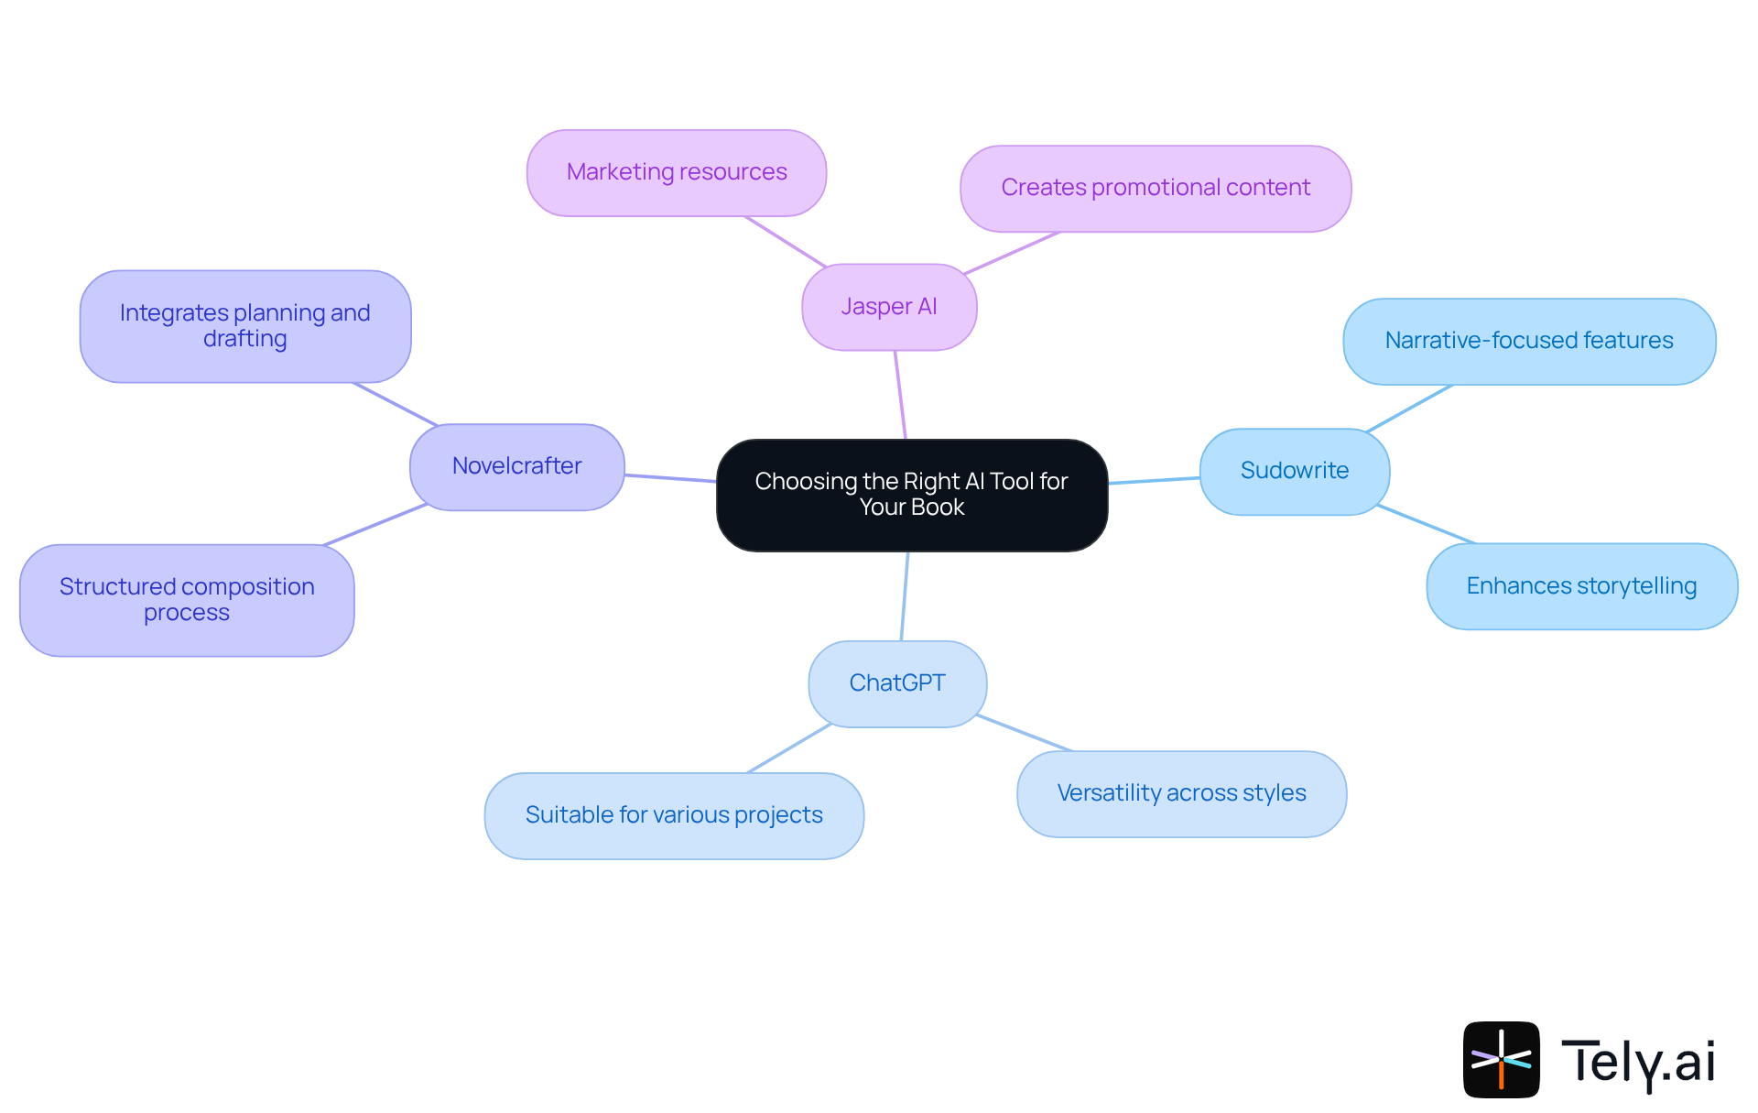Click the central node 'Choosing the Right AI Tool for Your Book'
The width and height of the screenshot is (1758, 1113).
[x=912, y=495]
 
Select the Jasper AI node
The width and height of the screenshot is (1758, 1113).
[x=889, y=307]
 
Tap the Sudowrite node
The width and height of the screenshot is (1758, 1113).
[x=1294, y=471]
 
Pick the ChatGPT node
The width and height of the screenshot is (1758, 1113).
[x=897, y=683]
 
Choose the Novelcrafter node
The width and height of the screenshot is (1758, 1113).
[x=516, y=466]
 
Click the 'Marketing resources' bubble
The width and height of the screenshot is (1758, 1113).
[x=677, y=172]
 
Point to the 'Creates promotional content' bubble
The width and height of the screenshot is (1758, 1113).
[x=1156, y=188]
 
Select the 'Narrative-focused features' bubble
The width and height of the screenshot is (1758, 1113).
[x=1529, y=341]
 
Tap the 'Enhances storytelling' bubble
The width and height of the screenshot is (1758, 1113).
[x=1581, y=586]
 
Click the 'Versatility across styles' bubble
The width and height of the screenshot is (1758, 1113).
[x=1181, y=793]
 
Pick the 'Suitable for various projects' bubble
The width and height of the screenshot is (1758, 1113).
[x=674, y=815]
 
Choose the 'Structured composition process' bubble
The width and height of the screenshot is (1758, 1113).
[x=187, y=600]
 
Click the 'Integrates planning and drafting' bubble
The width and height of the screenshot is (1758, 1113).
[x=244, y=326]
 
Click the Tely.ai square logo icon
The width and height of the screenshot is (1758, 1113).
[x=1501, y=1059]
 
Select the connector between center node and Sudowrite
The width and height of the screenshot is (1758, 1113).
[x=1154, y=480]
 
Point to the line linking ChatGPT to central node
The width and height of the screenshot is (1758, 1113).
[x=905, y=595]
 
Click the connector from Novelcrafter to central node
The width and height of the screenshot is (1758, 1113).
[x=670, y=477]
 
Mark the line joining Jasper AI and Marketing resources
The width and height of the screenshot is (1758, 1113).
[x=786, y=242]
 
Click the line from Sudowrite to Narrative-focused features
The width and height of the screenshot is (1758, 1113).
[x=1408, y=409]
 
